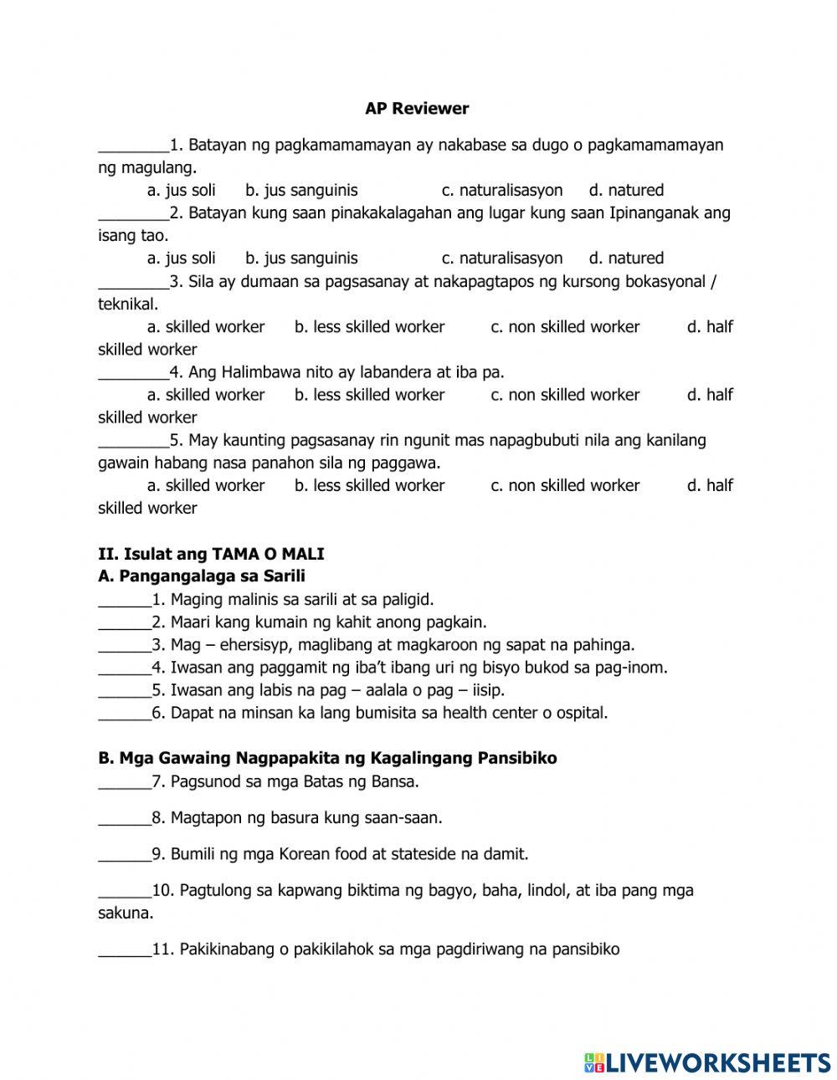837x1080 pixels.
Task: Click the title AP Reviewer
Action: point(417,108)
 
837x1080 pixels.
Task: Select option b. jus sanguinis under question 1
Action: point(301,190)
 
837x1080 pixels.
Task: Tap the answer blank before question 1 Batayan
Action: point(133,147)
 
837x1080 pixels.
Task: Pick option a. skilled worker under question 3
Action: point(206,326)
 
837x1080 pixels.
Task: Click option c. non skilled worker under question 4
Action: point(565,394)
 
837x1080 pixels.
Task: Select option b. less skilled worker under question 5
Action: point(369,485)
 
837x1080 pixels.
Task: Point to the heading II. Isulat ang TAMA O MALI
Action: point(211,554)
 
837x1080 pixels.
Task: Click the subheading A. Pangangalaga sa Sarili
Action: point(202,576)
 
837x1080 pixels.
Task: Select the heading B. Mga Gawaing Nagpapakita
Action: point(327,758)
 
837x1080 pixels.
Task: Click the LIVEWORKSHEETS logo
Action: point(706,1062)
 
